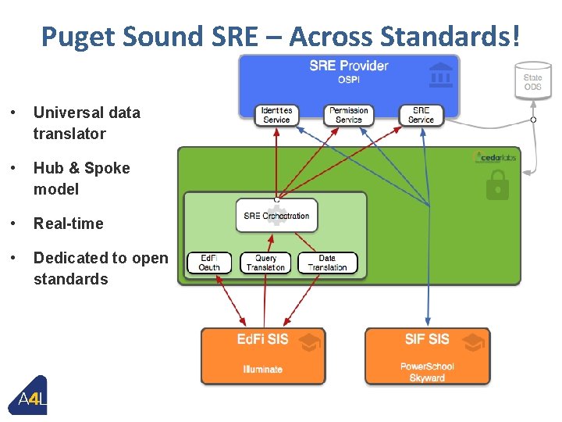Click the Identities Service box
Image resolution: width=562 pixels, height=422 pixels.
click(276, 115)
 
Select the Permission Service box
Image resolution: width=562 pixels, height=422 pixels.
click(348, 115)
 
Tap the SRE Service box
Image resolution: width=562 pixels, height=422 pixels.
click(421, 115)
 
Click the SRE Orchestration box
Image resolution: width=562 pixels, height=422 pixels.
click(276, 216)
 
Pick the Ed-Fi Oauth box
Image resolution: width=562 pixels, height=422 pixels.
click(209, 263)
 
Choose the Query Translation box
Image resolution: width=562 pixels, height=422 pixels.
click(265, 263)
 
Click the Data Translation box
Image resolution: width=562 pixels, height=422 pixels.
click(327, 263)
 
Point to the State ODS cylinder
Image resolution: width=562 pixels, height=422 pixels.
click(532, 81)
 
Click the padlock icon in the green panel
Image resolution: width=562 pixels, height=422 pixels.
click(497, 186)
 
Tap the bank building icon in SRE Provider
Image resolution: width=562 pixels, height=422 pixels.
click(441, 75)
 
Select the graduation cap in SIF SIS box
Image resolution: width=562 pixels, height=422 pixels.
click(472, 341)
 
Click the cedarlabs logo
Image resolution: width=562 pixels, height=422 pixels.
click(496, 157)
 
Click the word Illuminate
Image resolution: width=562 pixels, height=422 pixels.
click(263, 369)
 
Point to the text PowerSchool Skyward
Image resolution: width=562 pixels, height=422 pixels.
click(427, 372)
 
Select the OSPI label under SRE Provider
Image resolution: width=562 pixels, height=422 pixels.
click(348, 79)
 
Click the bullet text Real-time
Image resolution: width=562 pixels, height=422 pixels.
click(68, 224)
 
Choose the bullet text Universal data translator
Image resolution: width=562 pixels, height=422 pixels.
click(86, 123)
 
